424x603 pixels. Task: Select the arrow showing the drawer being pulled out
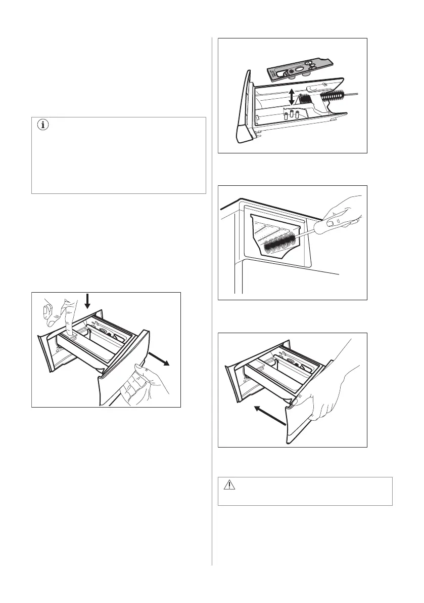pos(162,359)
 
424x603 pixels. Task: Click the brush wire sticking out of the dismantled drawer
pos(353,91)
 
